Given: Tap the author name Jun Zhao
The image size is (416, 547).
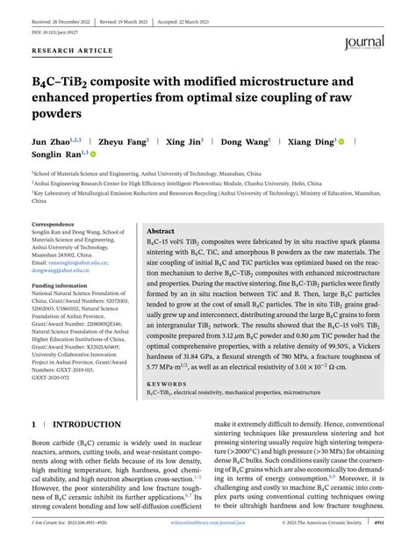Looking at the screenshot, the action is pos(52,140).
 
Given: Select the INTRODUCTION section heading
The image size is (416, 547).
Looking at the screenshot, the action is pos(83,423).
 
